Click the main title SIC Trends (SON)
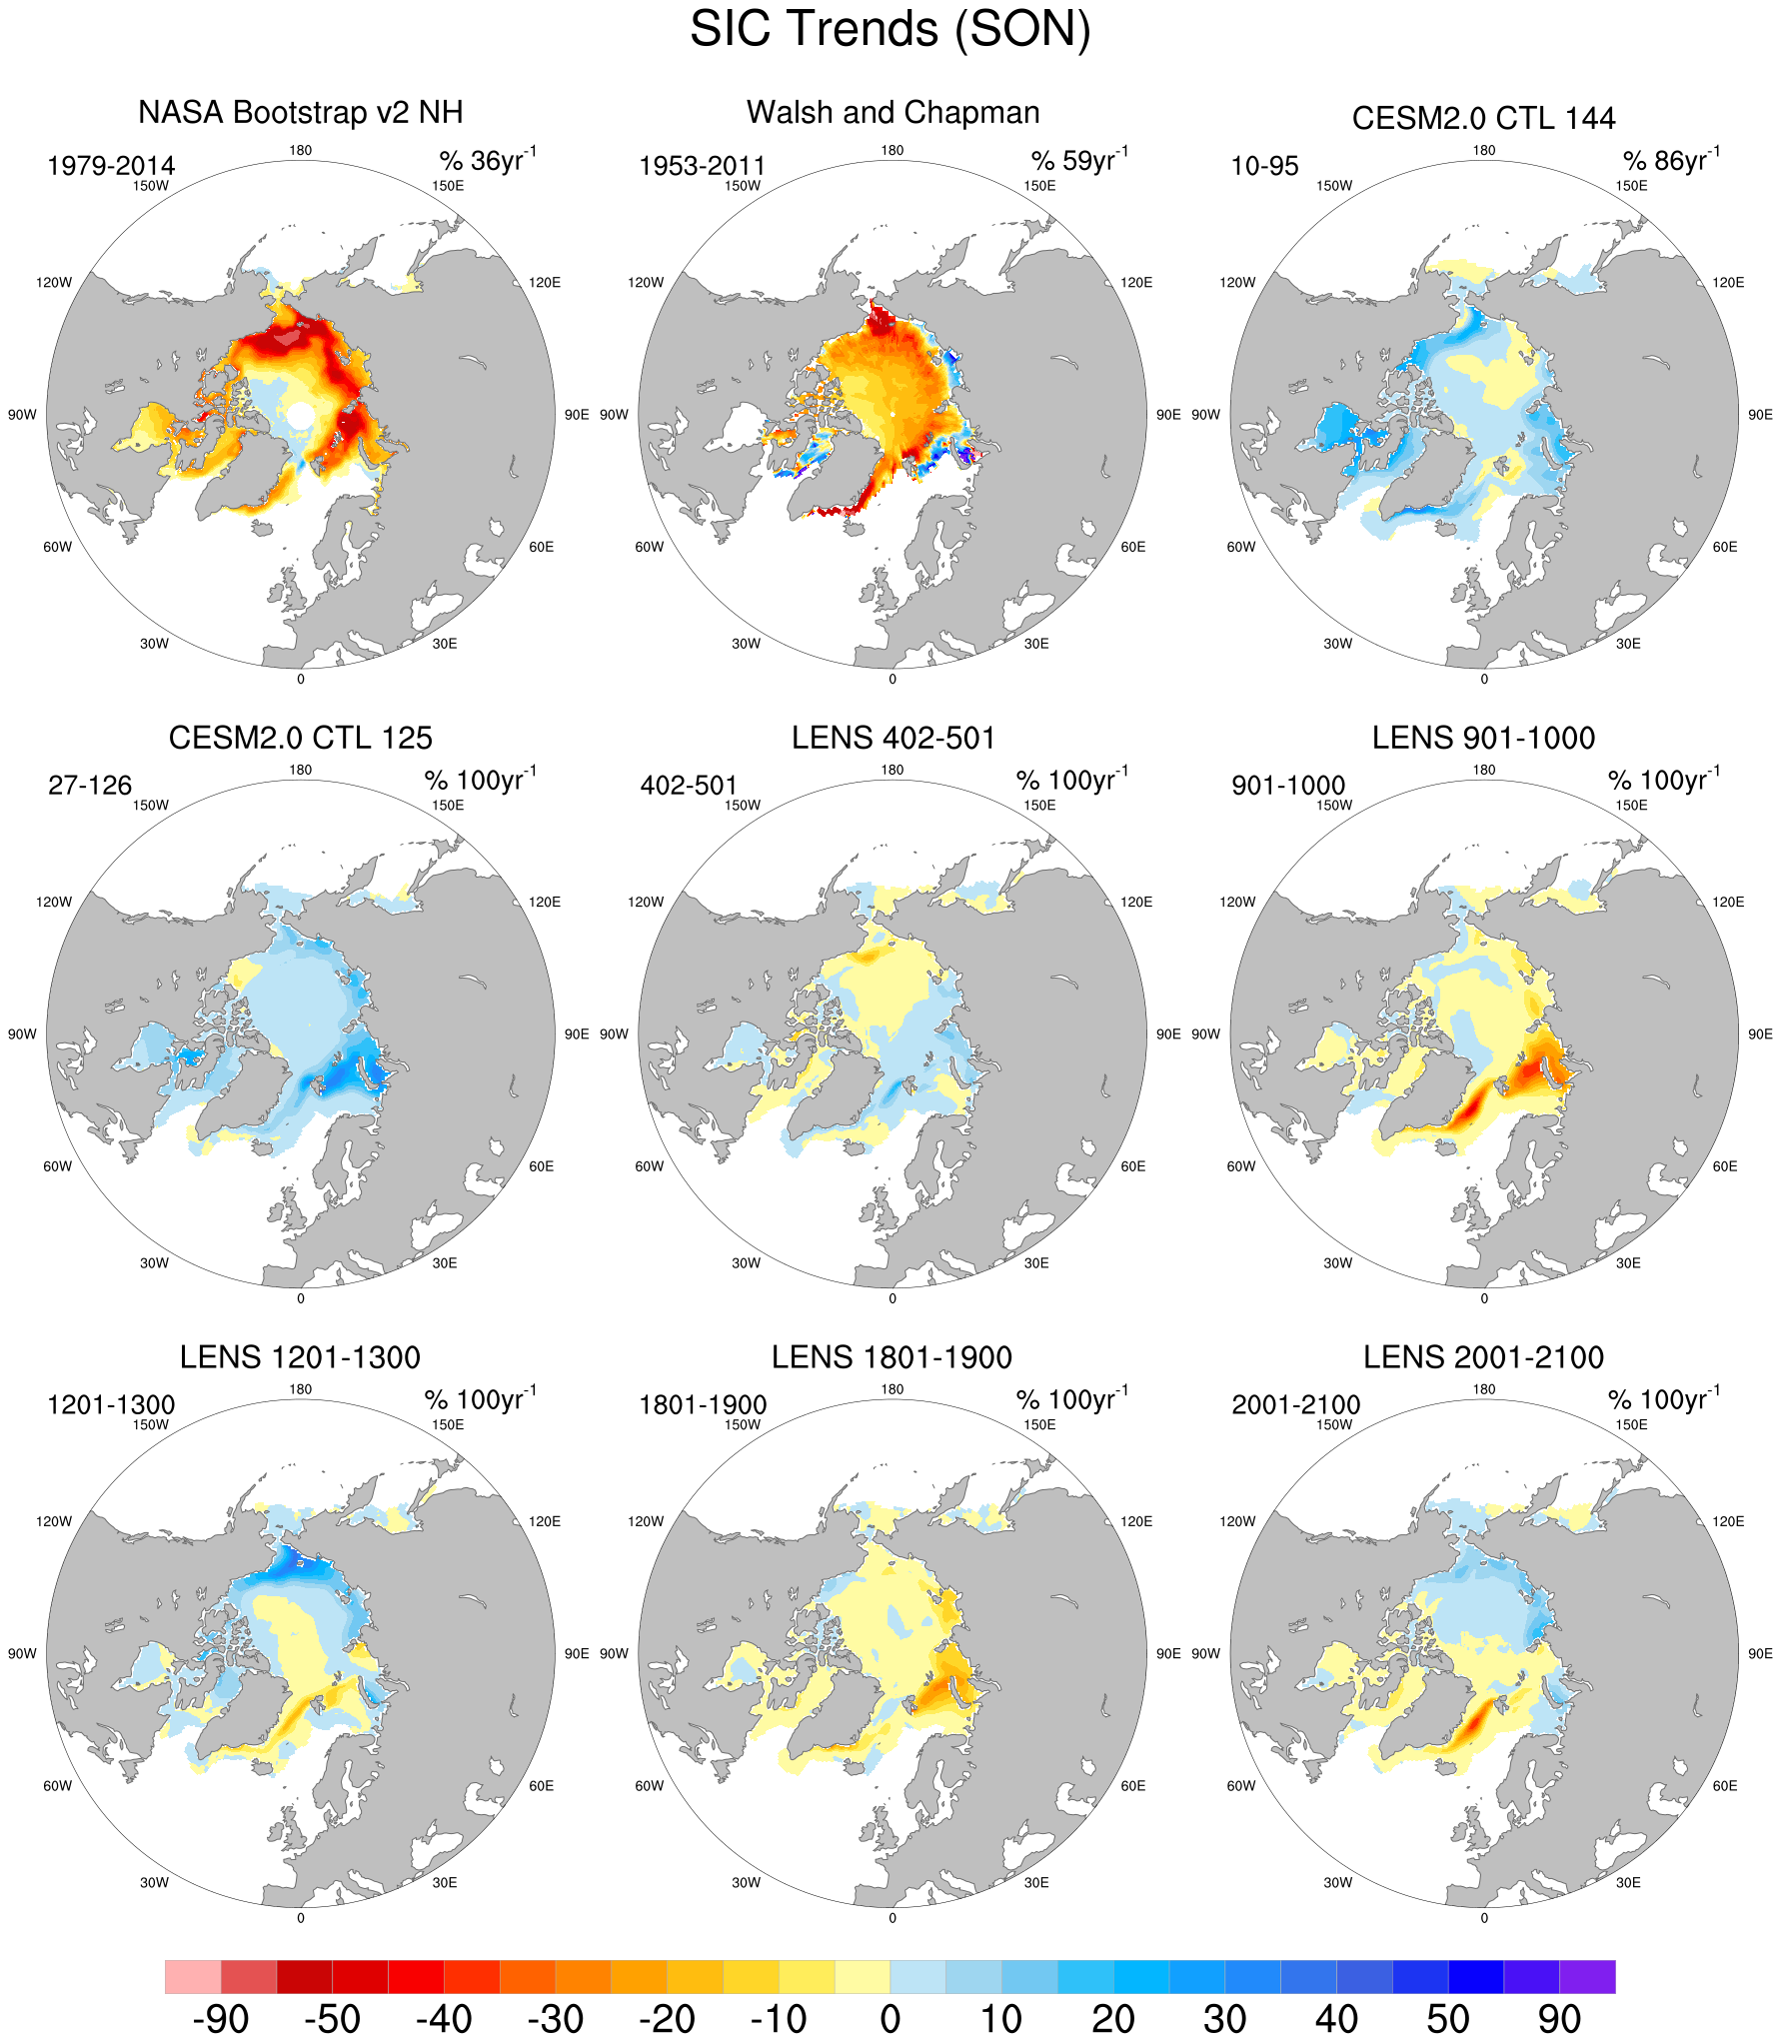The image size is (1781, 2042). (890, 30)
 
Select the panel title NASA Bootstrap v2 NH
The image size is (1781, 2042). (300, 112)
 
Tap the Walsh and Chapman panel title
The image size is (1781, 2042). (892, 112)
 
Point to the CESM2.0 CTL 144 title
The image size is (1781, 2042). (1483, 118)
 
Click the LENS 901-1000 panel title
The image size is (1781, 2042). (1483, 738)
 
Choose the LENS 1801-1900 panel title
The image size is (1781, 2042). (891, 1357)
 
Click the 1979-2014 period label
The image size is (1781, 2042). (111, 166)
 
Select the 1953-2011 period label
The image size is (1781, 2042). (702, 166)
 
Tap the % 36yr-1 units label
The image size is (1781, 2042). (488, 160)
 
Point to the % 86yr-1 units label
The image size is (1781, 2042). (1671, 160)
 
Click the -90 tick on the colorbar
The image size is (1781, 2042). (221, 2019)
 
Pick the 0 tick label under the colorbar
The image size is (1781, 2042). (890, 2019)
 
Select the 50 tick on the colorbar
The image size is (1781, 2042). (1448, 2019)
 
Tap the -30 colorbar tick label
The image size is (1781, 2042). (556, 2019)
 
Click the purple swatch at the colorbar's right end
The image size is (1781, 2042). (1587, 1977)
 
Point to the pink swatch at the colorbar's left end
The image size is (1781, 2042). (193, 1977)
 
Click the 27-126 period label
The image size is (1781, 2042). (90, 786)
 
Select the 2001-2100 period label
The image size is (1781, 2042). (1295, 1405)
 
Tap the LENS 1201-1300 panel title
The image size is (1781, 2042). (300, 1357)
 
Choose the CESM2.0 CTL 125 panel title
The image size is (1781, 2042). (300, 738)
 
